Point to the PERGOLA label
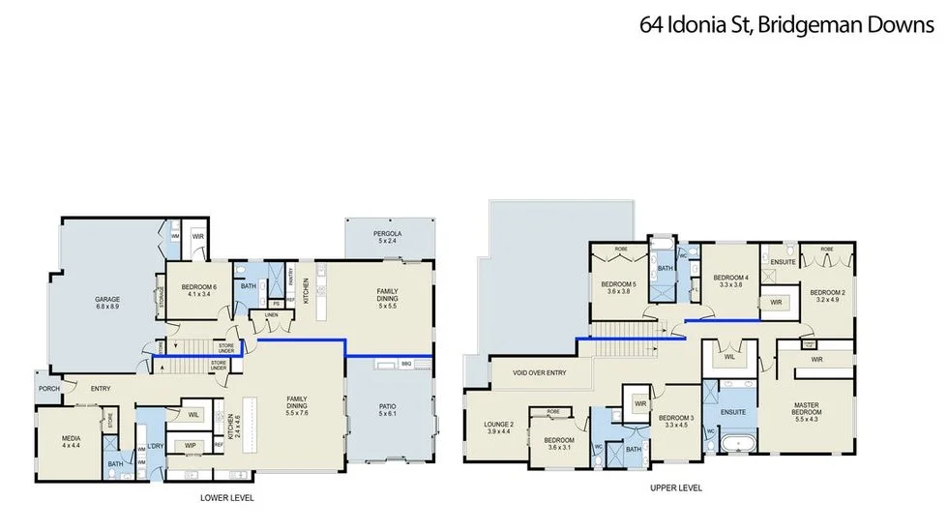pyautogui.click(x=387, y=235)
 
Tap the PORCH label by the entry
pyautogui.click(x=47, y=389)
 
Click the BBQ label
pyautogui.click(x=406, y=366)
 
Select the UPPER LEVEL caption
pyautogui.click(x=675, y=488)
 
